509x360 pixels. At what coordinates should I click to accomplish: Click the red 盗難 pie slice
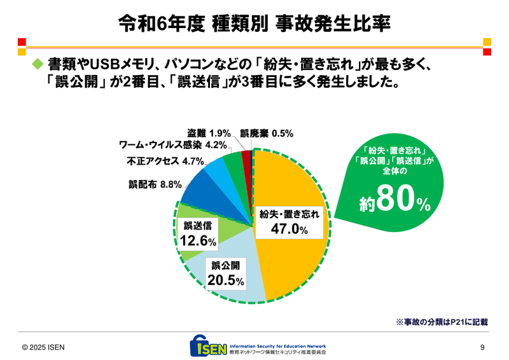pos(247,156)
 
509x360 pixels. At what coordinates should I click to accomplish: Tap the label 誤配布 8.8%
pos(155,184)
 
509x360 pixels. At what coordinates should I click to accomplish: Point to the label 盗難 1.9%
pos(209,134)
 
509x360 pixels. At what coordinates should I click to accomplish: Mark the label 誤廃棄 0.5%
pos(266,134)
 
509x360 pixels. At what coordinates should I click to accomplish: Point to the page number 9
pos(482,347)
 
